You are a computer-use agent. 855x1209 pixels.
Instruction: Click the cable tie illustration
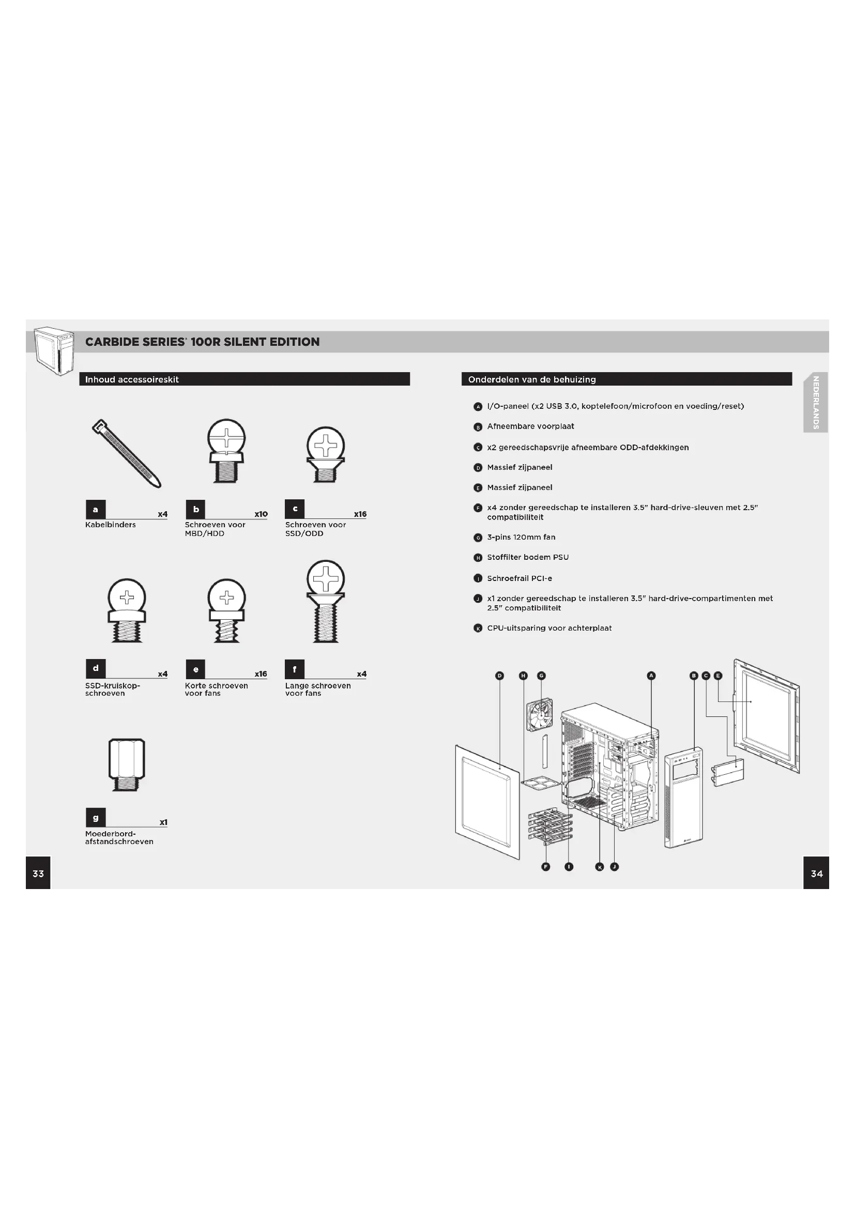pos(126,453)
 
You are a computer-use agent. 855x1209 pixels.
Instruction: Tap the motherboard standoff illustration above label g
pos(126,764)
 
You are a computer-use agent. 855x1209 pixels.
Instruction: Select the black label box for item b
pos(196,509)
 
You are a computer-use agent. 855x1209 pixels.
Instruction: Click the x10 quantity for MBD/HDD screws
pos(261,514)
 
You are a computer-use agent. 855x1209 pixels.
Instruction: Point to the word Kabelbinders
pos(111,525)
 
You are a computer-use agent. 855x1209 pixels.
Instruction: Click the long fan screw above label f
pos(326,601)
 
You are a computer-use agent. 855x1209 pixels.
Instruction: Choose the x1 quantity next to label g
pos(163,822)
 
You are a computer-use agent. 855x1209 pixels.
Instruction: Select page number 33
pos(38,874)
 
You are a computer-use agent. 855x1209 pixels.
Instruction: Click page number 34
pos(816,874)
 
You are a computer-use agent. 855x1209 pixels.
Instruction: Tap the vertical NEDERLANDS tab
pos(816,402)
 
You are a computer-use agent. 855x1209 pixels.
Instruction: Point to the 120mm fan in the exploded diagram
pos(540,715)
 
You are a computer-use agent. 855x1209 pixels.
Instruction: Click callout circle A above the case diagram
pos(651,676)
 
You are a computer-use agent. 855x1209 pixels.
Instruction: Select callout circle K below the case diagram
pos(599,867)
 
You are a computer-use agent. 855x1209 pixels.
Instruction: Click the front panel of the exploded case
pos(683,797)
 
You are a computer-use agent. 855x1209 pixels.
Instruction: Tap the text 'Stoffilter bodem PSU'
pos(528,557)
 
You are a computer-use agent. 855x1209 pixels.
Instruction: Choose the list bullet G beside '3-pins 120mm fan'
pos(478,538)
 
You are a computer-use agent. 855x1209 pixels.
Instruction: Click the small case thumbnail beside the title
pos(54,350)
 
